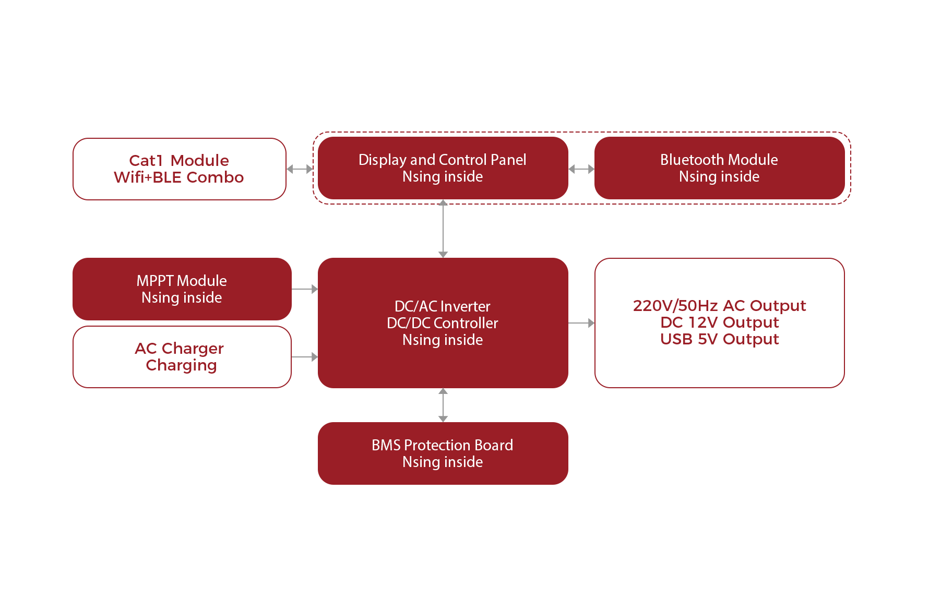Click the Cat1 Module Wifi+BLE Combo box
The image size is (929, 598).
(x=179, y=169)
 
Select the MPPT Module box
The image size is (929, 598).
(x=182, y=289)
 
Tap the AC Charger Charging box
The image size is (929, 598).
(x=182, y=357)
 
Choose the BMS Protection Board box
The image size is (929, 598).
(x=443, y=453)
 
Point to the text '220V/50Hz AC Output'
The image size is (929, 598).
(x=719, y=306)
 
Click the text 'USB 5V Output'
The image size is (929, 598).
(x=719, y=339)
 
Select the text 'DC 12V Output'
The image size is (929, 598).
(x=719, y=322)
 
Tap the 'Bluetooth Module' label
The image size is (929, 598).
(x=719, y=160)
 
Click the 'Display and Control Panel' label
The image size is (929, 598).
(x=442, y=160)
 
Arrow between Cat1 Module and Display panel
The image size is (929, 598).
(x=300, y=169)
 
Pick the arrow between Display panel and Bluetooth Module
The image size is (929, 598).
(x=581, y=169)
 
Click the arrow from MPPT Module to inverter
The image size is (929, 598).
(x=305, y=289)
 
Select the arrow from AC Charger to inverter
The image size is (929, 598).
(x=305, y=357)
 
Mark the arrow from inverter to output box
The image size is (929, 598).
(x=581, y=323)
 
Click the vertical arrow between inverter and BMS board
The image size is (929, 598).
(x=443, y=405)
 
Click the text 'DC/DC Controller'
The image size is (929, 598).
(x=443, y=323)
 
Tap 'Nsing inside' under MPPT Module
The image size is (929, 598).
(x=182, y=297)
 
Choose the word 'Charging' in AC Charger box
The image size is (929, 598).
(x=181, y=365)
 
